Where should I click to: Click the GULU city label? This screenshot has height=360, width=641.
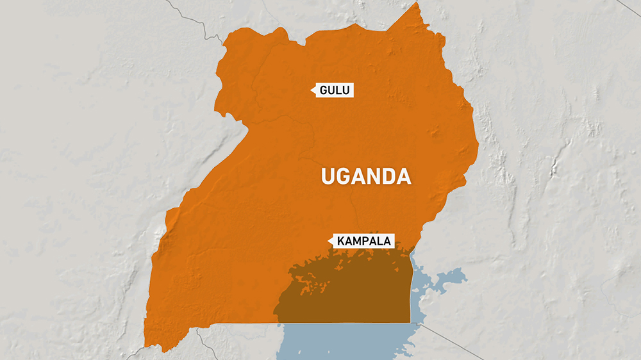pos(334,90)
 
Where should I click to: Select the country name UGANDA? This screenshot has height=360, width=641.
pos(365,176)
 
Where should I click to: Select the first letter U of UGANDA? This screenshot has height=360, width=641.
pos(328,176)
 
